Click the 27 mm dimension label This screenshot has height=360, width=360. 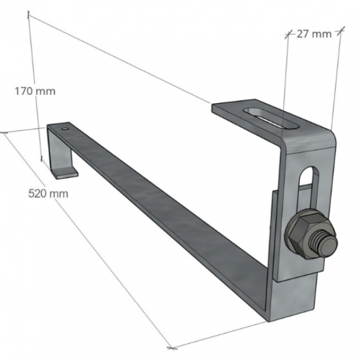click(314, 34)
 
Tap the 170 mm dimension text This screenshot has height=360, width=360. click(35, 91)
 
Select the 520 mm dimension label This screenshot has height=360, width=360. click(48, 193)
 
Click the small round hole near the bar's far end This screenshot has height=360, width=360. click(65, 128)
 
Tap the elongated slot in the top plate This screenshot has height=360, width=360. click(271, 118)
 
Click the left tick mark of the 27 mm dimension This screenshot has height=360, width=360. click(287, 34)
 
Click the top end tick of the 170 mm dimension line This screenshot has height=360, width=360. click(28, 14)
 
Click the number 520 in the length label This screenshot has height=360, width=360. click(38, 193)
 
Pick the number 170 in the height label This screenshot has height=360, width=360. click(24, 91)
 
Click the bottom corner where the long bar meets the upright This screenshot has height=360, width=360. click(269, 320)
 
